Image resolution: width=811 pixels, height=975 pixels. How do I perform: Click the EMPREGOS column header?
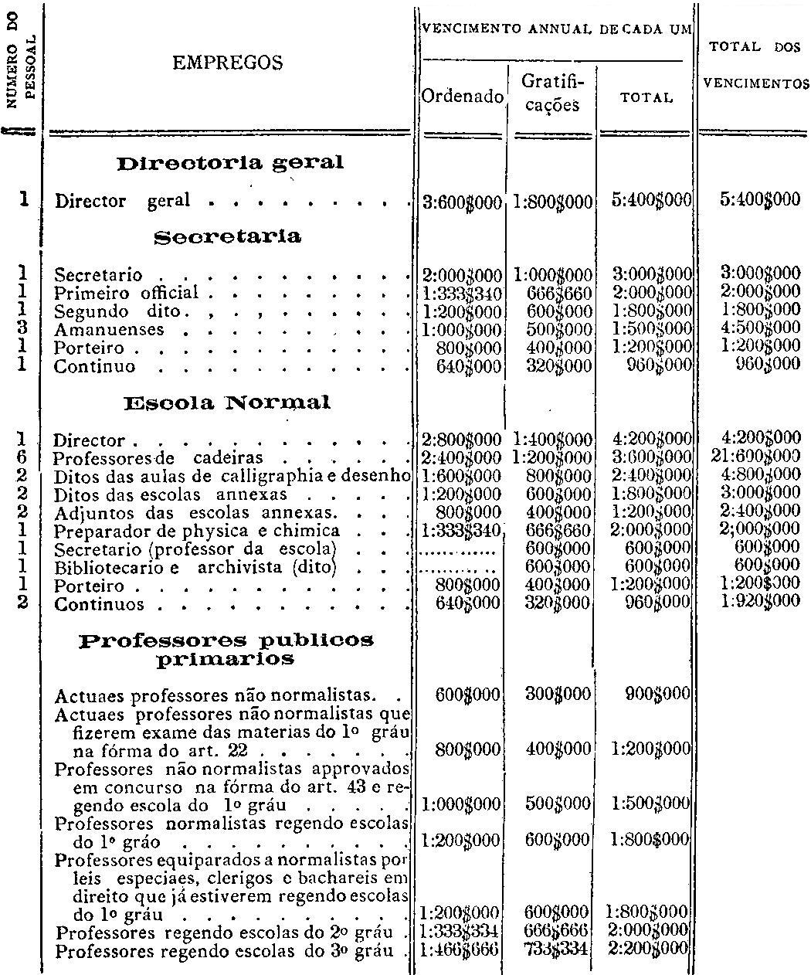pyautogui.click(x=227, y=63)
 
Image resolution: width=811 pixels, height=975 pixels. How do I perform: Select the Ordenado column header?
pyautogui.click(x=462, y=98)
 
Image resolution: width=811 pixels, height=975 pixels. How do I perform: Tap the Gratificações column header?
pyautogui.click(x=551, y=93)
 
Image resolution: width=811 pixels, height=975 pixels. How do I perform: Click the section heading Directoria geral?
pyautogui.click(x=229, y=164)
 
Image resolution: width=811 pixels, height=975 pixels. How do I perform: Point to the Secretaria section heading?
pyautogui.click(x=227, y=236)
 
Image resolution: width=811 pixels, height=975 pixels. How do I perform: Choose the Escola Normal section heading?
pyautogui.click(x=227, y=403)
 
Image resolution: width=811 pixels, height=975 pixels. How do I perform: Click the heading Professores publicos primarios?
pyautogui.click(x=226, y=650)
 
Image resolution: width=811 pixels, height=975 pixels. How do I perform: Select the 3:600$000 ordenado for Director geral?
pyautogui.click(x=462, y=201)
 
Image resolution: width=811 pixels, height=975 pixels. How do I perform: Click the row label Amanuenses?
pyautogui.click(x=109, y=329)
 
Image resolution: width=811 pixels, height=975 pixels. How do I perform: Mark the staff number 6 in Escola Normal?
pyautogui.click(x=22, y=457)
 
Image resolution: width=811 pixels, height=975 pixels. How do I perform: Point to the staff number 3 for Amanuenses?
pyautogui.click(x=22, y=329)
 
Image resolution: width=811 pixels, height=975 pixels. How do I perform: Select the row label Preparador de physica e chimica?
pyautogui.click(x=197, y=531)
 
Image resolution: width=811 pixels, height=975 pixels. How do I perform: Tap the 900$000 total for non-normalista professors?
pyautogui.click(x=658, y=694)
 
